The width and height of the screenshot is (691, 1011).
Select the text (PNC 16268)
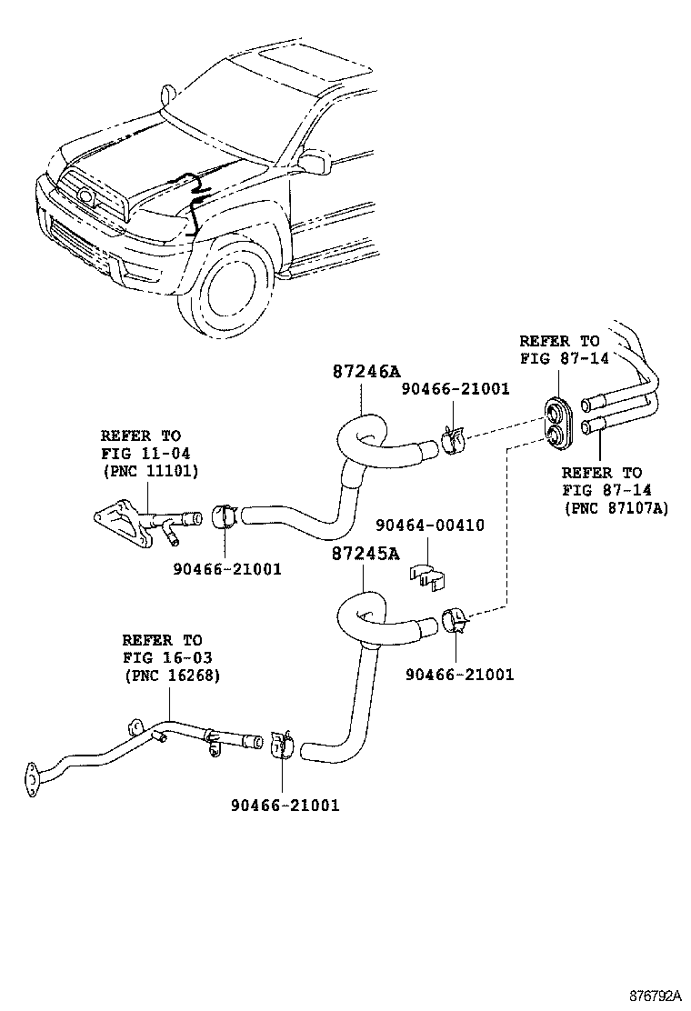tap(171, 676)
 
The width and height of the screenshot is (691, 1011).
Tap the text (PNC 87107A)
tap(616, 508)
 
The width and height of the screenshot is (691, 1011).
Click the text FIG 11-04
tap(145, 453)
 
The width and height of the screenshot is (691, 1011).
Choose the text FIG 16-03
tap(167, 658)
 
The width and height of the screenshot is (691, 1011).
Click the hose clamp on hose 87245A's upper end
tap(455, 622)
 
